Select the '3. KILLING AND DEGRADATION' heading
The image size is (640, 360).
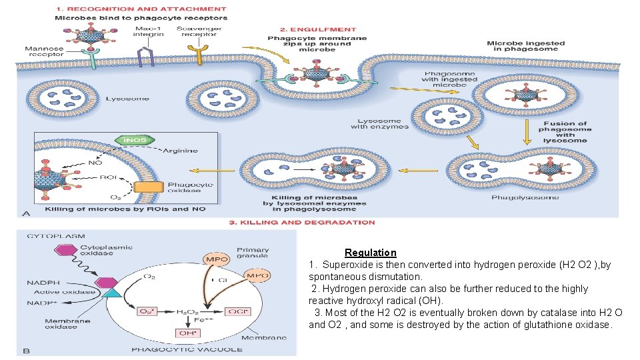click(301, 222)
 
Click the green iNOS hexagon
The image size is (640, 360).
click(135, 141)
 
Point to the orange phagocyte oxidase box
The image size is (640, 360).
click(148, 189)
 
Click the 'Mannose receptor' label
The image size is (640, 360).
click(45, 52)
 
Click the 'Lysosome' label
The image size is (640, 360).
click(127, 99)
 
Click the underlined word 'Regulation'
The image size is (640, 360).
click(370, 253)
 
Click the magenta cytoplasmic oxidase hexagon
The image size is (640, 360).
click(67, 250)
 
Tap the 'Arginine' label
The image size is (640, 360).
click(182, 151)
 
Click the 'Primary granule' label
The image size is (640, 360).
click(253, 251)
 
